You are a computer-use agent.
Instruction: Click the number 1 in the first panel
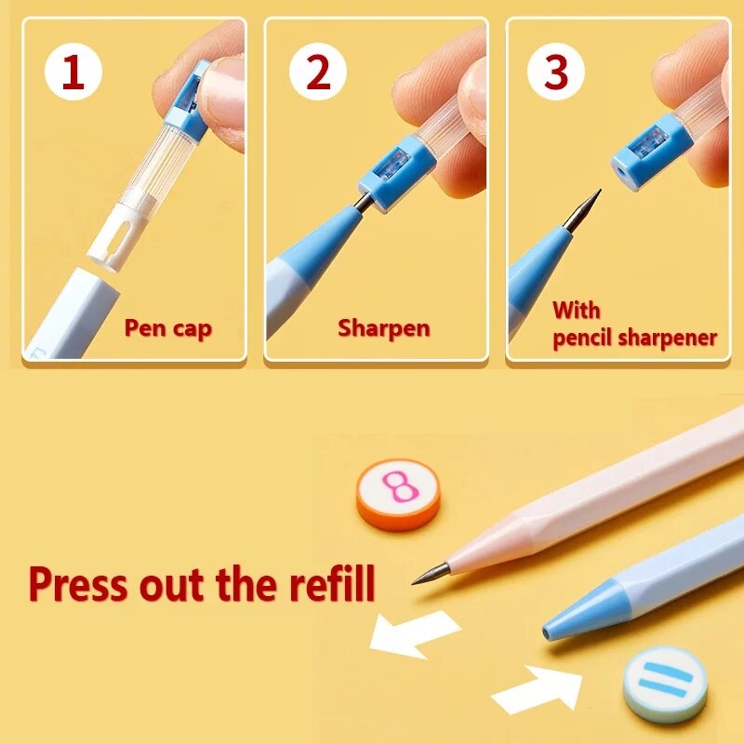(72, 73)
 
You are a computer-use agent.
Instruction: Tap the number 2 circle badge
(318, 73)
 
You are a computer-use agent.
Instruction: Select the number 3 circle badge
(556, 73)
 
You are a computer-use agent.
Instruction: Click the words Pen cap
(168, 328)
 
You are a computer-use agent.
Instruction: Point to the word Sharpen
(384, 327)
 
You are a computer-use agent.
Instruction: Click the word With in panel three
(577, 310)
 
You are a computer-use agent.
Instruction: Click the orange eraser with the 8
(397, 494)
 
